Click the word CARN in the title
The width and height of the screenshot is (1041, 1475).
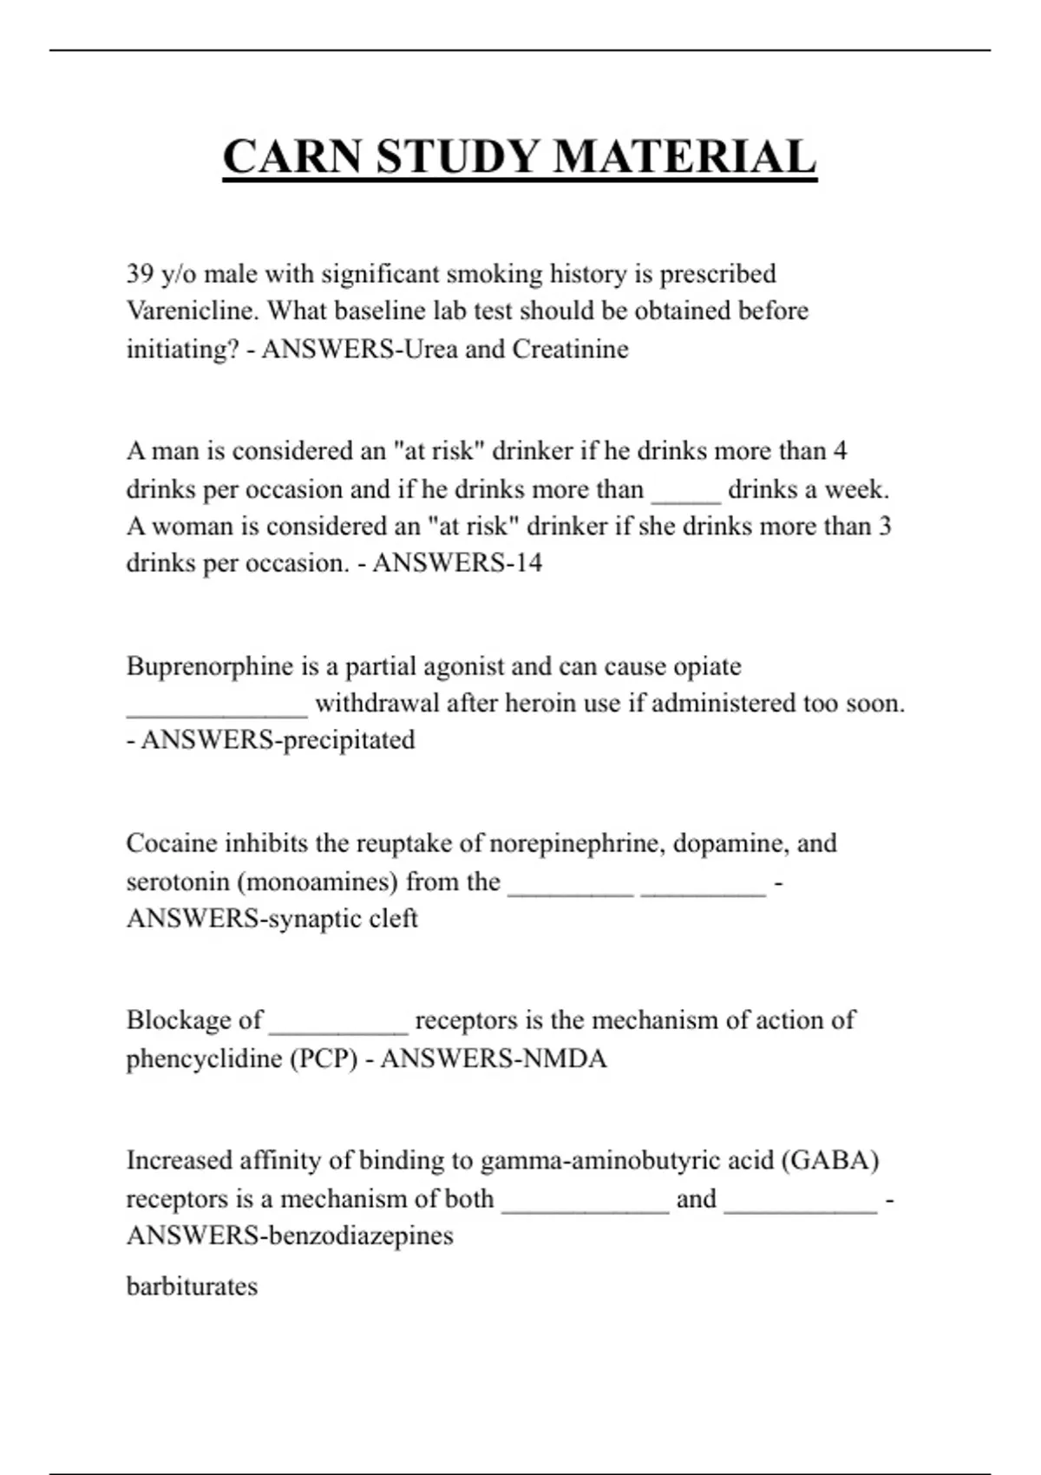292,158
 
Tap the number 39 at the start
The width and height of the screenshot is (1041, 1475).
140,274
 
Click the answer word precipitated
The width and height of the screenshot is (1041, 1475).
349,740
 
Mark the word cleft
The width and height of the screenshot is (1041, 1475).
396,918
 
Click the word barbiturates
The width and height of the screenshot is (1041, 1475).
192,1286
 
